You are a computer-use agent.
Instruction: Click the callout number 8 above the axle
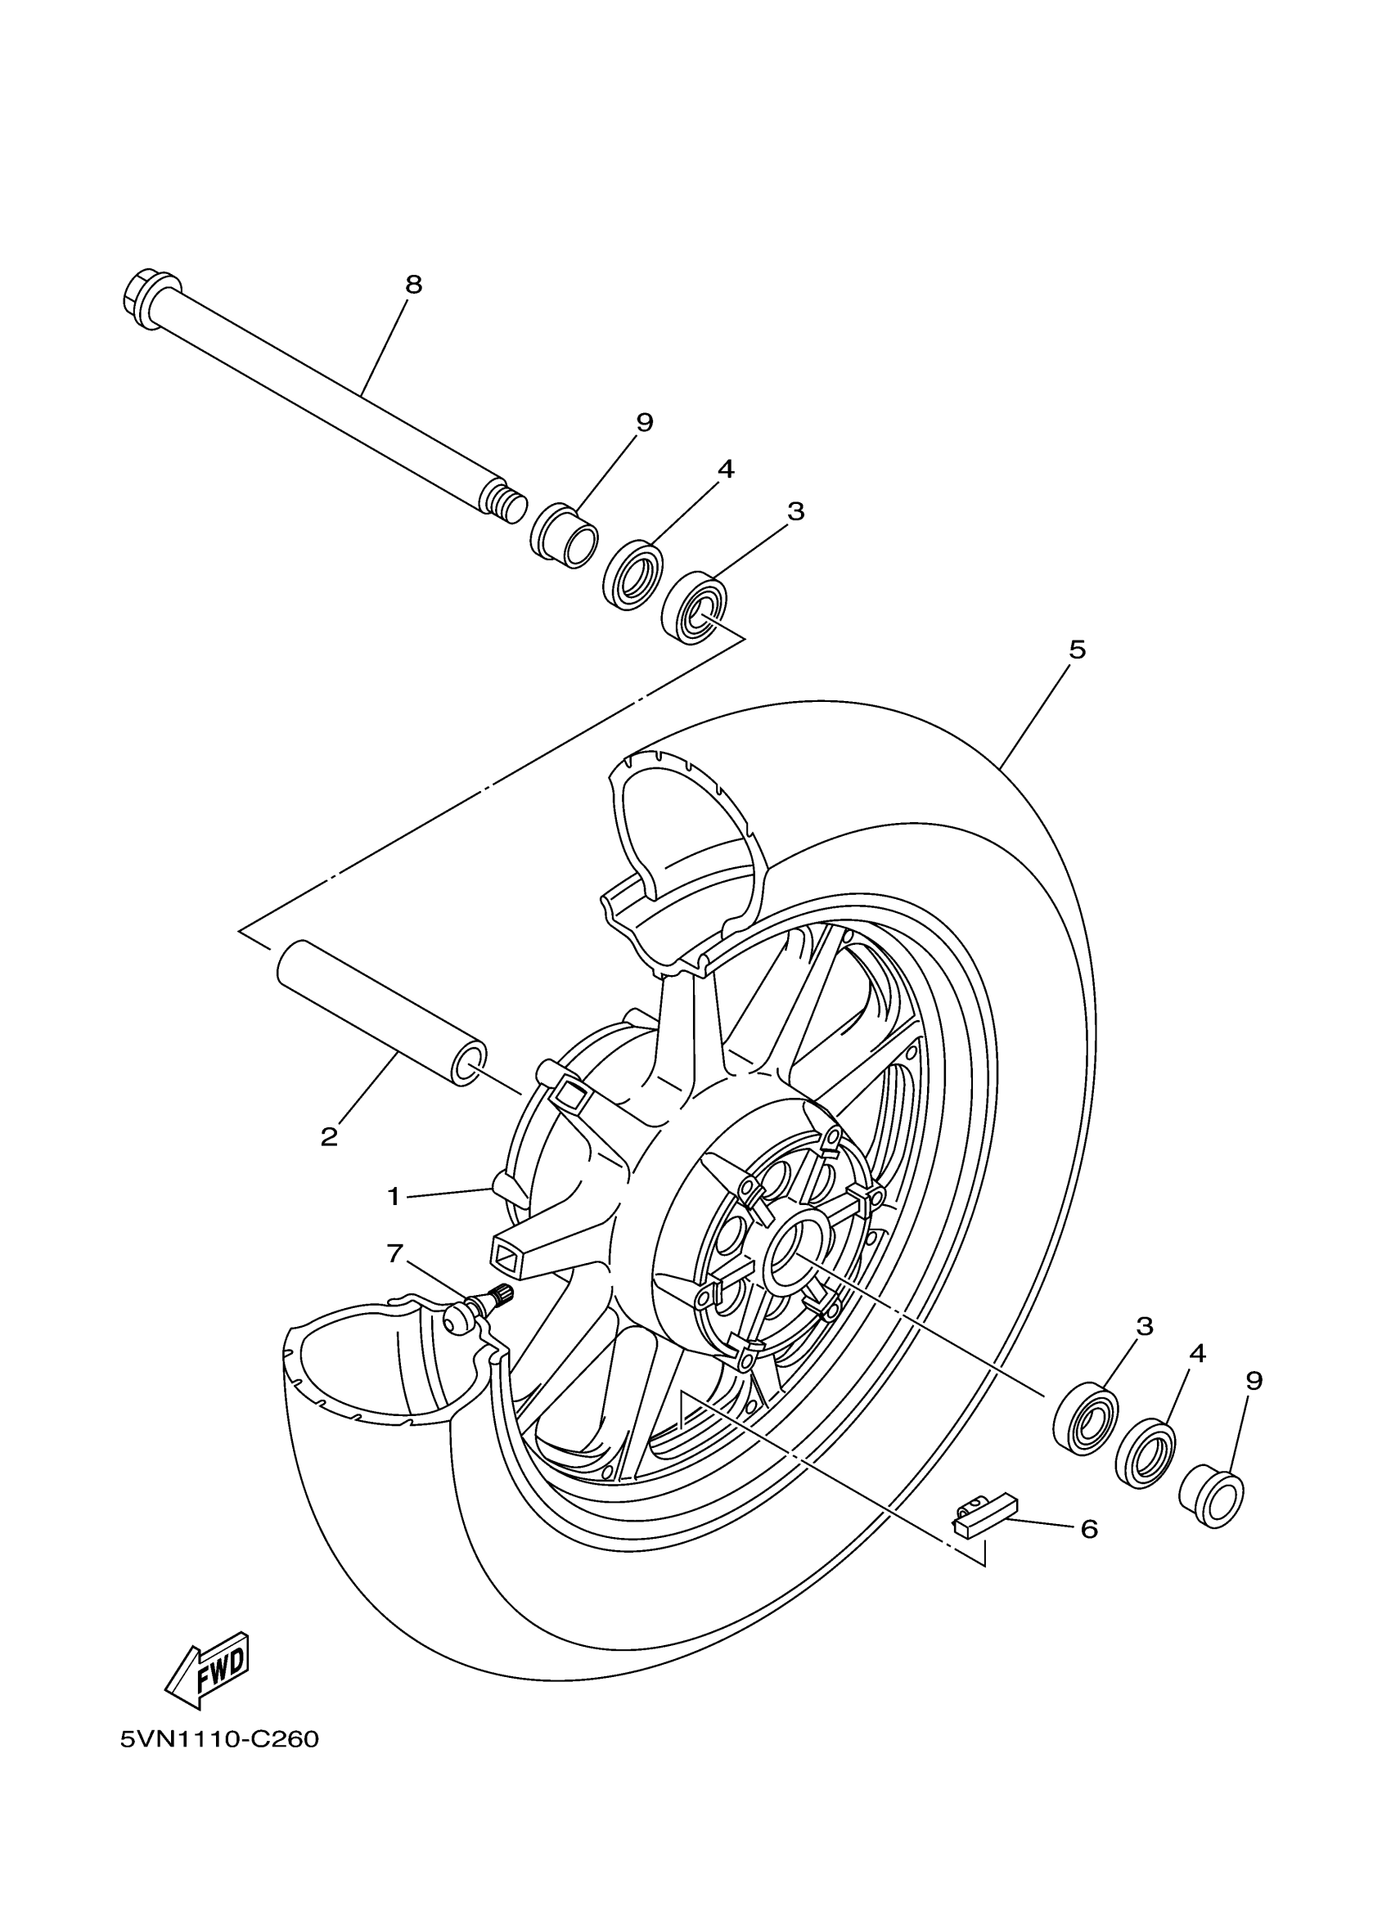tap(413, 286)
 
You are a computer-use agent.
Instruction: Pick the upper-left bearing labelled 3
tap(694, 608)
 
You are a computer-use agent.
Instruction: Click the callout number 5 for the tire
tap(1077, 651)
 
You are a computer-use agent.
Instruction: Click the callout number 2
tap(329, 1136)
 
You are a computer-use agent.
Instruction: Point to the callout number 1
tap(394, 1196)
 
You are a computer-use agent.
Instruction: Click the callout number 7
tap(395, 1254)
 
